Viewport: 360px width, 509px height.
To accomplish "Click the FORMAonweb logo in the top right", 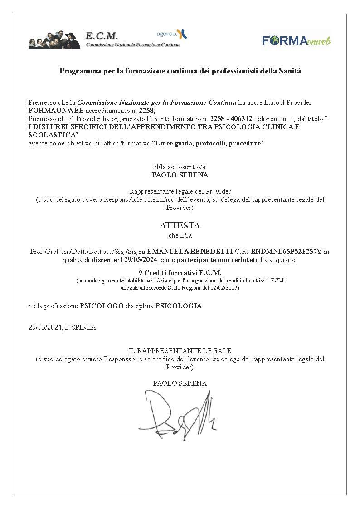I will click(297, 41).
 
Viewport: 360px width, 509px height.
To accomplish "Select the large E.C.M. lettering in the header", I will click(102, 36).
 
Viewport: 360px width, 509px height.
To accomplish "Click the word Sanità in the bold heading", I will click(290, 71).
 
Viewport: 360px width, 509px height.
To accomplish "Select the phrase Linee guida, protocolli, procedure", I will click(209, 143).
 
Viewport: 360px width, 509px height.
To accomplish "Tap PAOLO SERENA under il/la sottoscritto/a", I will click(180, 175).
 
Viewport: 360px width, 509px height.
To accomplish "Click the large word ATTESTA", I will click(180, 225).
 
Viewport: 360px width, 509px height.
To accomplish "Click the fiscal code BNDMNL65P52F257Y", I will click(286, 252).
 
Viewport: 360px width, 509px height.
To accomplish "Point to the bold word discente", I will click(104, 260).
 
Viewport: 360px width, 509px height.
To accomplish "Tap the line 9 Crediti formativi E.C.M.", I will click(180, 272).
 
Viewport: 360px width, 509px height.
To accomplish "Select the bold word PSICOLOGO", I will click(102, 306).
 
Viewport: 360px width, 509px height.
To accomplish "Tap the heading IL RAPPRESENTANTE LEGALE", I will click(180, 350).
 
